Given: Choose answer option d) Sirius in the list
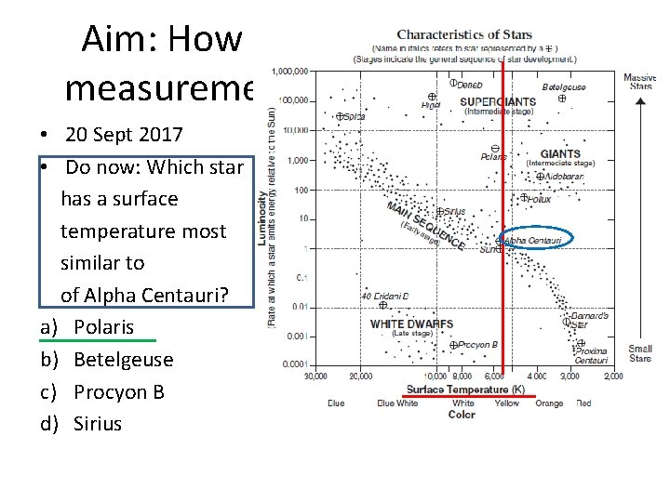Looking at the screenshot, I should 97,424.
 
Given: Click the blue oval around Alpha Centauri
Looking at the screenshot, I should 530,240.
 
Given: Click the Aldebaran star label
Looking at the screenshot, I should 563,176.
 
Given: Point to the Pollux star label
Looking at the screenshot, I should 541,199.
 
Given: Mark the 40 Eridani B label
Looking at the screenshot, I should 384,297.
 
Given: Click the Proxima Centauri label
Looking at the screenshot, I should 591,355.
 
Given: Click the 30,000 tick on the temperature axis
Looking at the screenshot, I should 315,376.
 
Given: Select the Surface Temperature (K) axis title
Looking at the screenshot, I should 465,389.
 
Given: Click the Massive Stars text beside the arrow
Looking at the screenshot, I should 640,82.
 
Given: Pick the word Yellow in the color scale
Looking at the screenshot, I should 507,403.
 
